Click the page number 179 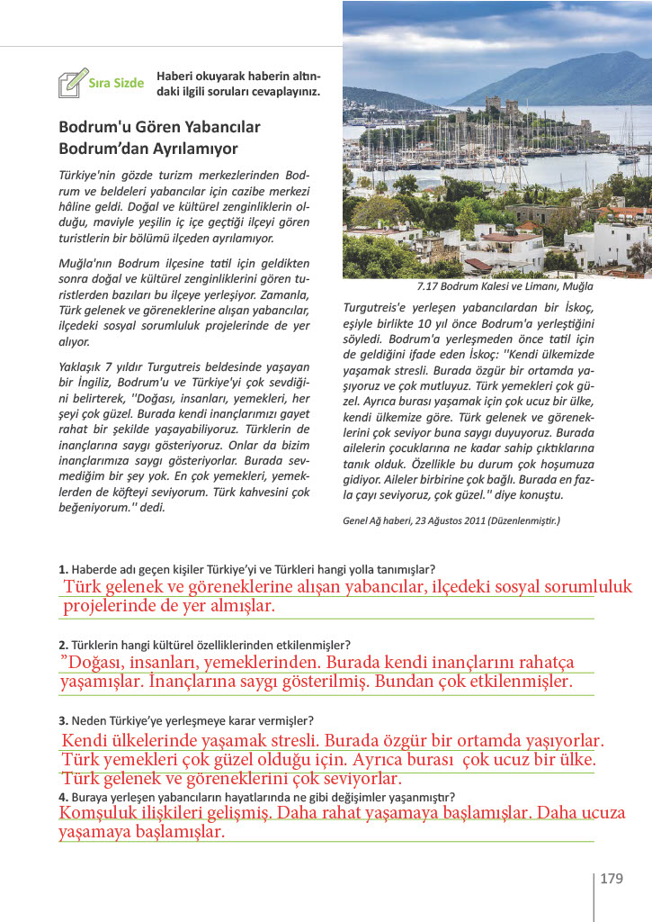point(612,878)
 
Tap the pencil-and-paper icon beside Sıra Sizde point(73,82)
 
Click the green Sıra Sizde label point(117,83)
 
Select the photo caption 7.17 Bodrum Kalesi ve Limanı point(505,287)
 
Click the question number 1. point(62,569)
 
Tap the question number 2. point(62,645)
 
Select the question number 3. point(62,720)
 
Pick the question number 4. point(62,797)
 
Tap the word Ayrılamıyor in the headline point(197,149)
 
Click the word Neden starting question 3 point(88,720)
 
